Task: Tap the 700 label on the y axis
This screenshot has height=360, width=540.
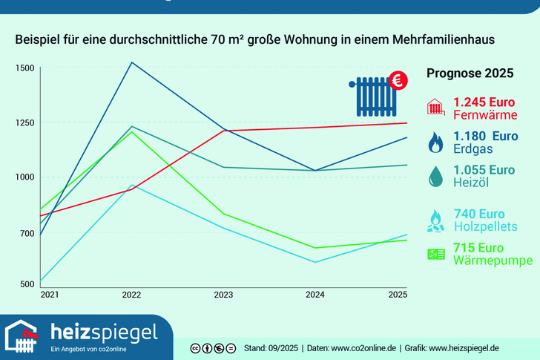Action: click(27, 233)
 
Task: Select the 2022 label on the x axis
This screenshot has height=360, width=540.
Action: click(131, 295)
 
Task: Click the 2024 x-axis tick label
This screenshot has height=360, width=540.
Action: click(315, 295)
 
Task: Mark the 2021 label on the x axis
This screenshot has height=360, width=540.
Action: click(49, 295)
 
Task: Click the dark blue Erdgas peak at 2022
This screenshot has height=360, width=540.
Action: click(131, 62)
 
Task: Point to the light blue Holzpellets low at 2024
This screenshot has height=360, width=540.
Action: click(315, 262)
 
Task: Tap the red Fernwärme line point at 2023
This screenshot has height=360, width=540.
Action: click(224, 131)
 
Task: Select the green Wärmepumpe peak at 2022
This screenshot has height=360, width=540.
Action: click(132, 132)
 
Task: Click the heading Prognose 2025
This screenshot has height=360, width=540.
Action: click(470, 73)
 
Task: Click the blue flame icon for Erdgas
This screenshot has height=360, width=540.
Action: click(435, 141)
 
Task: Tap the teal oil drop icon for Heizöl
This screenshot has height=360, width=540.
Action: click(435, 176)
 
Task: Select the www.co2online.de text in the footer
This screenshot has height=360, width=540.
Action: click(363, 348)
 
